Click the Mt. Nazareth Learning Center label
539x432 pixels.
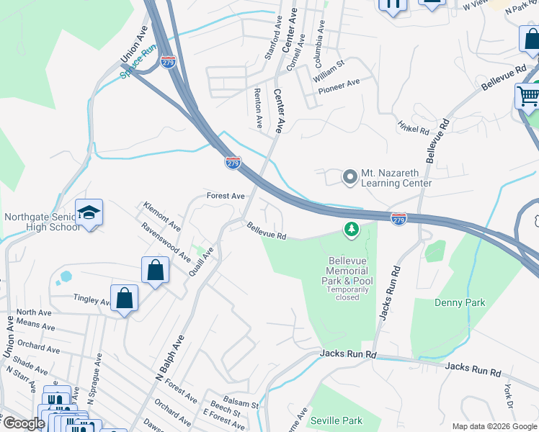tap(396, 178)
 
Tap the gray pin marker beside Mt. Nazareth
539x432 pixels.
tap(350, 176)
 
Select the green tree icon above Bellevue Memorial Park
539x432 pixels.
tap(351, 230)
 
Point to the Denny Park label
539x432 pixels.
tap(460, 303)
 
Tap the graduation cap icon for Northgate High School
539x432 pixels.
tap(89, 212)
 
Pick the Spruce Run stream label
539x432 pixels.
tap(138, 62)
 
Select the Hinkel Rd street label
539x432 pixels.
tap(414, 127)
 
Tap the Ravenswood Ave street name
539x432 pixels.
tap(165, 237)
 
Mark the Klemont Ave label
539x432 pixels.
tap(162, 212)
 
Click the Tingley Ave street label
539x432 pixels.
tap(92, 300)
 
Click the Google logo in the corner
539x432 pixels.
tap(24, 423)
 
